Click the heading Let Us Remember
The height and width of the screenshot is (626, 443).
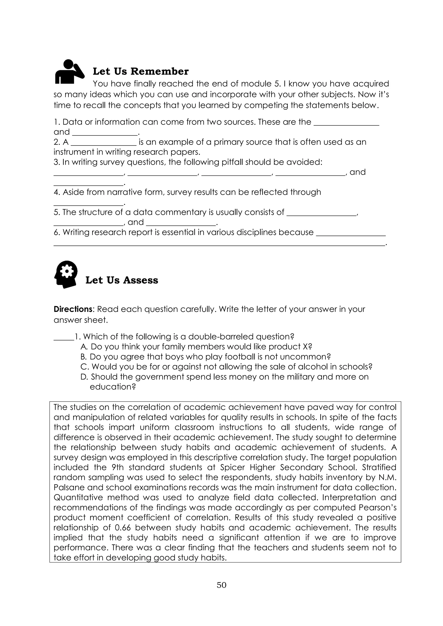pos(140,71)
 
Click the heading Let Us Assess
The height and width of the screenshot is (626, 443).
pos(122,280)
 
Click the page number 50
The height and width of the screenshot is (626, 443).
pos(221,585)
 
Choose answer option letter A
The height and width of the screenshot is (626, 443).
pos(84,347)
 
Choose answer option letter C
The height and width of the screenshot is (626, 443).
pos(84,367)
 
